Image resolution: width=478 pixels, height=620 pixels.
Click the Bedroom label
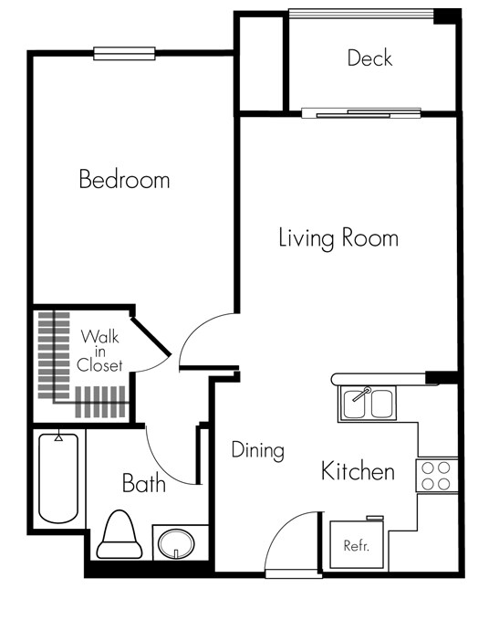(x=124, y=179)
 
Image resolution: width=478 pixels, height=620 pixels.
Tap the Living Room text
(x=338, y=238)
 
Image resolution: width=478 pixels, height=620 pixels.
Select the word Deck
(x=369, y=58)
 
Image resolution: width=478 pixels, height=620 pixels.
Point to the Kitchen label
(x=358, y=471)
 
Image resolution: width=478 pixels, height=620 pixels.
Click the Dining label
(x=257, y=450)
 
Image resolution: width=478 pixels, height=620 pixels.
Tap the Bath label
(x=144, y=482)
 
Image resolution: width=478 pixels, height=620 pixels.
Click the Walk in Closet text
(x=99, y=351)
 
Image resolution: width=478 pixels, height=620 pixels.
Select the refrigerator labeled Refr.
(x=355, y=546)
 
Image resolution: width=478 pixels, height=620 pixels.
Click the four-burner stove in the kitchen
(x=437, y=475)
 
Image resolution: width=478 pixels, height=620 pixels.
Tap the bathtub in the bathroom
(x=59, y=478)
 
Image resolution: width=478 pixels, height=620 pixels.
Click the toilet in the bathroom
(x=119, y=536)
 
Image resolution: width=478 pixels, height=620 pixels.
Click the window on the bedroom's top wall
(x=124, y=53)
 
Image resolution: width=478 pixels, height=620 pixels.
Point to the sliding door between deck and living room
(x=361, y=114)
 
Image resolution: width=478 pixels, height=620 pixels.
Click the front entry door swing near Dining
(x=290, y=543)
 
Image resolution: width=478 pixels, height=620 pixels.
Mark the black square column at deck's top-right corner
(x=446, y=16)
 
